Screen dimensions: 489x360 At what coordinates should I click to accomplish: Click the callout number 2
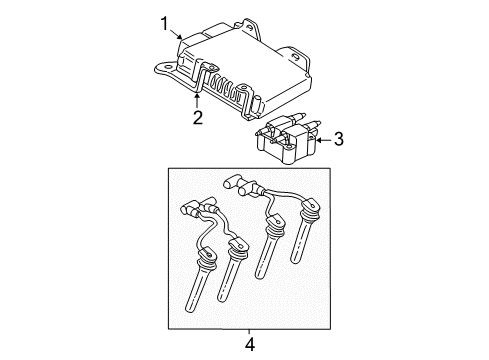[x=197, y=119]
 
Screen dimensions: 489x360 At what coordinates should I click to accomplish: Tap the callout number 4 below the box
[x=250, y=345]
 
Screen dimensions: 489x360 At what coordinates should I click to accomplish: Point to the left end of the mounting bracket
[x=160, y=70]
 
